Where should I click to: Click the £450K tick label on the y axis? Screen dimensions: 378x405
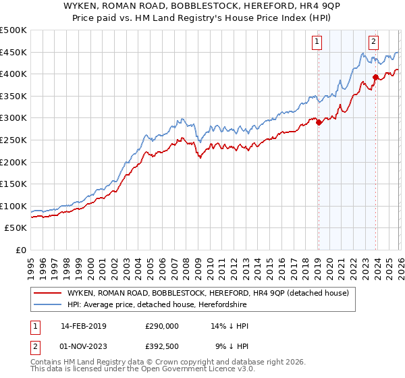pos(13,52)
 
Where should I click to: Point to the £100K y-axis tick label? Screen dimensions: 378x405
pos(13,206)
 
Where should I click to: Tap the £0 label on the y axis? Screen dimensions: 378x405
pos(20,250)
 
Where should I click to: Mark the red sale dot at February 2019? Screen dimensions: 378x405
pos(319,123)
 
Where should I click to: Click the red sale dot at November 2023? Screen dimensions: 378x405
pos(375,78)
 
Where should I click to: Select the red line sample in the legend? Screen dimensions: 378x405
pos(47,293)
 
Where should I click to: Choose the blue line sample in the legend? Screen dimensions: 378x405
pos(47,304)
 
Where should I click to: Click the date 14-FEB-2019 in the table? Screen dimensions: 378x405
pos(83,325)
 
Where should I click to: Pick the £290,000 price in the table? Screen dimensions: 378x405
pos(162,325)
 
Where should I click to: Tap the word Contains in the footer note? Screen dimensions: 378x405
pos(47,362)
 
